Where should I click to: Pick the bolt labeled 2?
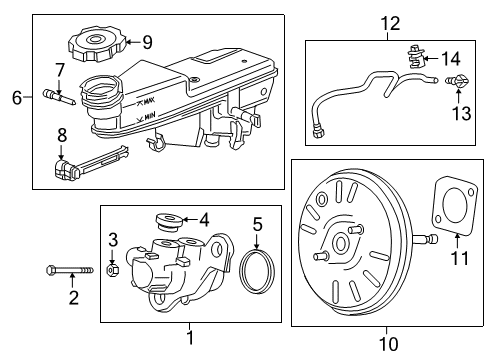point(66,270)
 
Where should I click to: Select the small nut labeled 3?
point(113,268)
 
